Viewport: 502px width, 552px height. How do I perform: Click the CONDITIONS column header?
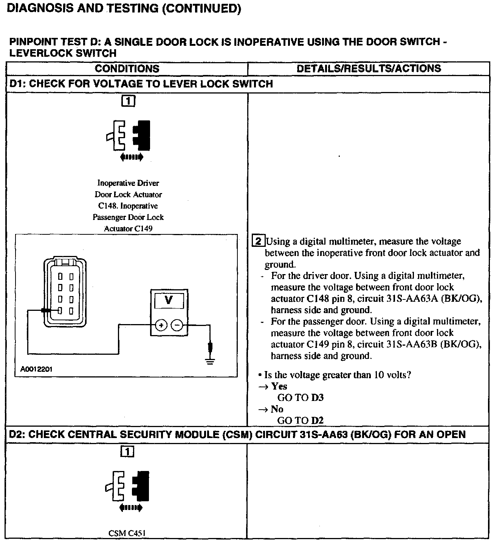(127, 69)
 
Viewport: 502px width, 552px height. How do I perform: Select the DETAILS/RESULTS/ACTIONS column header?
(369, 69)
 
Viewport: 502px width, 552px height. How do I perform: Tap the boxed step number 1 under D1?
(128, 101)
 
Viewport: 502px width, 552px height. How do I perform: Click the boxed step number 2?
(258, 242)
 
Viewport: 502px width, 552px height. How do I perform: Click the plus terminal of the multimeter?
(161, 325)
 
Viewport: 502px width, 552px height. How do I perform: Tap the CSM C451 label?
(127, 533)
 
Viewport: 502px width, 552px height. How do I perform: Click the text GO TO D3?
(301, 398)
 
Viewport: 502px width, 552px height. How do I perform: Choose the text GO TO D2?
(301, 420)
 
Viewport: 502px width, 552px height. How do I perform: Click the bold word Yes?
(279, 386)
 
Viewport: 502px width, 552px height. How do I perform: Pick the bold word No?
(277, 409)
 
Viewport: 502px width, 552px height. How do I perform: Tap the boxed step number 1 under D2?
(127, 452)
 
